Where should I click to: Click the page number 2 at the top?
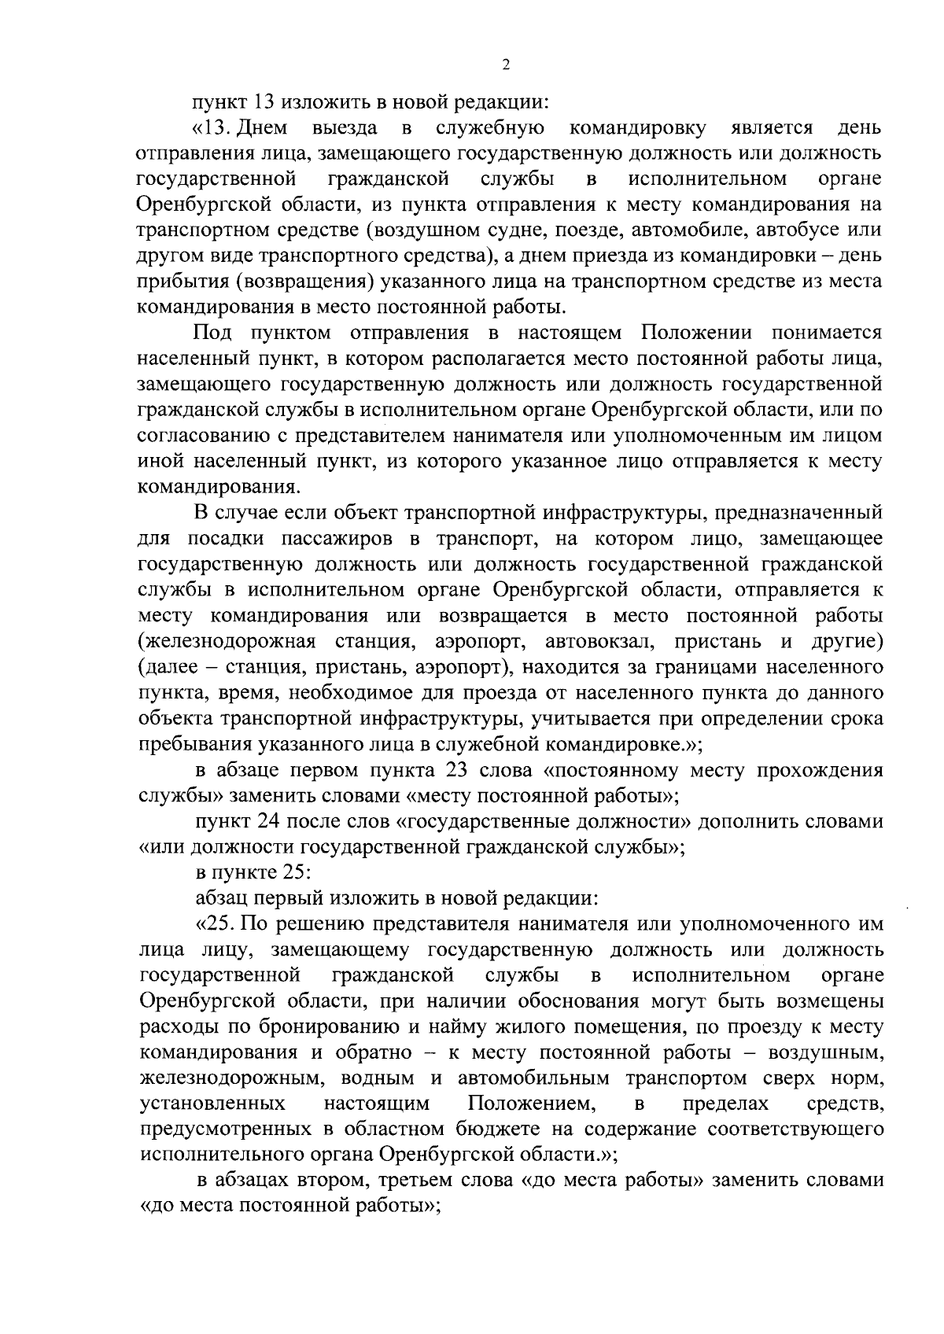coord(506,64)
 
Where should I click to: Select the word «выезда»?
coord(345,127)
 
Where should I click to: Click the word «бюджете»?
coord(492,1129)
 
